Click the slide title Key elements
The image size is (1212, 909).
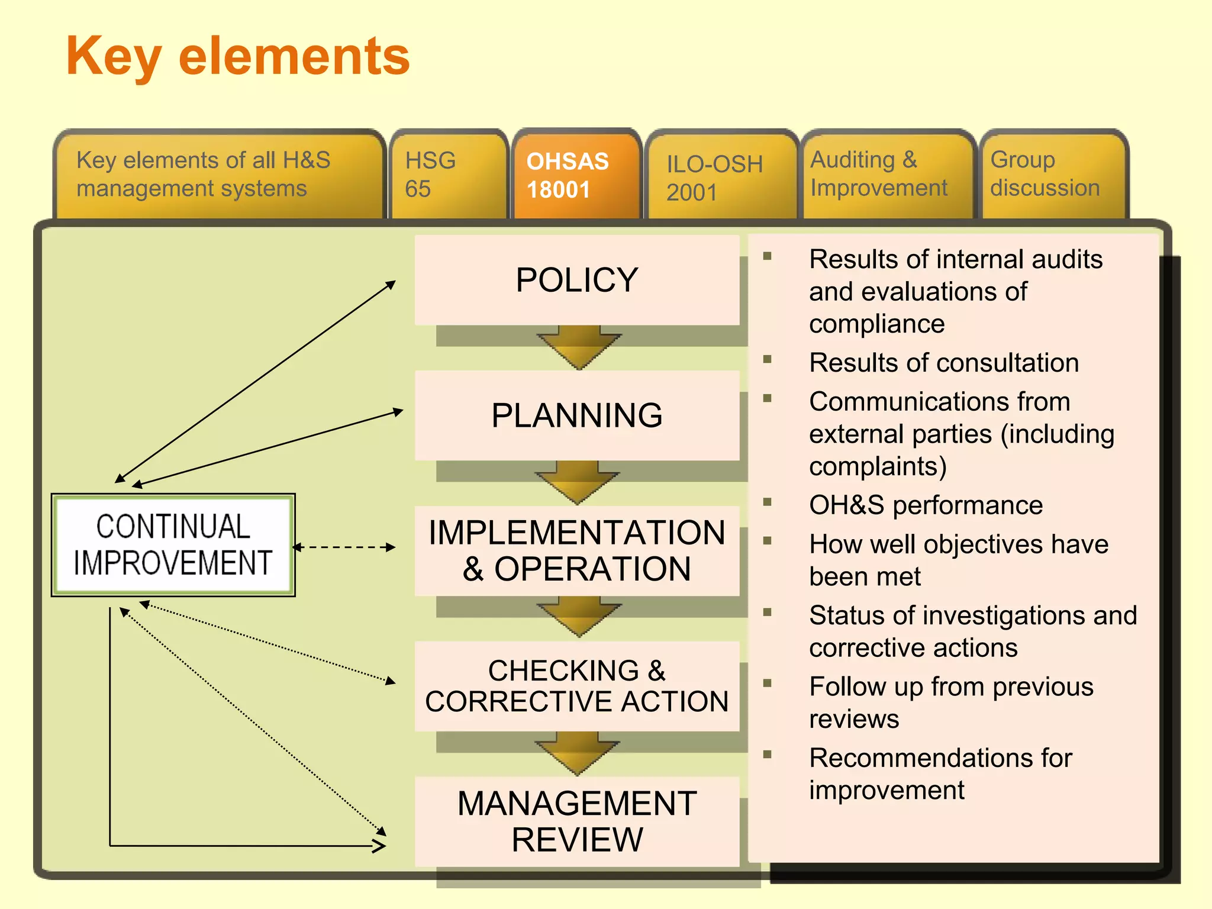pos(238,56)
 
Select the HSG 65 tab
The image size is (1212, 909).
pos(448,175)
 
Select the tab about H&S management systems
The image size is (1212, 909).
pos(219,175)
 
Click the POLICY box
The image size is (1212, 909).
pos(577,280)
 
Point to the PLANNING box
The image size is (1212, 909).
pos(577,415)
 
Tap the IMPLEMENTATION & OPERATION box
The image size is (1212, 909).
pos(577,551)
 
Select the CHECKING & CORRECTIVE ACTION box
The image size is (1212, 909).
pos(577,686)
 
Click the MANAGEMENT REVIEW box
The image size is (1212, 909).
pos(577,821)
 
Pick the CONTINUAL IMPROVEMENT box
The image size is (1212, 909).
pos(173,545)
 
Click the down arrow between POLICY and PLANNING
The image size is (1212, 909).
pos(578,347)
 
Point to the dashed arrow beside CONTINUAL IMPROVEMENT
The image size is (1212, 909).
pos(344,547)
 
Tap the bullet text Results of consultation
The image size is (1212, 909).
pos(943,363)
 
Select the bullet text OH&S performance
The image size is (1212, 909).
pos(926,505)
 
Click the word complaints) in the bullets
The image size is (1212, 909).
pos(878,467)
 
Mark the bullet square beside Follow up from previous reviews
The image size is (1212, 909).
pos(768,684)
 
